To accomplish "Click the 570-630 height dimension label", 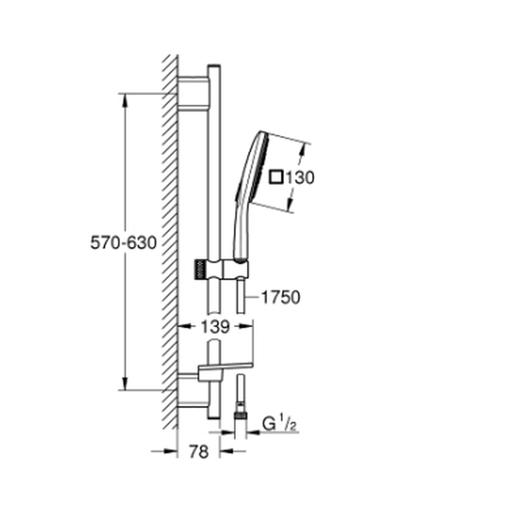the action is [123, 243].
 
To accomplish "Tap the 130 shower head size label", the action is [300, 178].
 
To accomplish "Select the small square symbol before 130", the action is [276, 177].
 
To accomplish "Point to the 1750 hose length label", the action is [281, 298].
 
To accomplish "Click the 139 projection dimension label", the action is [215, 327].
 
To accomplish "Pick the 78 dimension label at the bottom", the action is [198, 451].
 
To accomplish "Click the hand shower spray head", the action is [252, 167].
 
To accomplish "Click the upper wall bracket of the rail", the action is [193, 93].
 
